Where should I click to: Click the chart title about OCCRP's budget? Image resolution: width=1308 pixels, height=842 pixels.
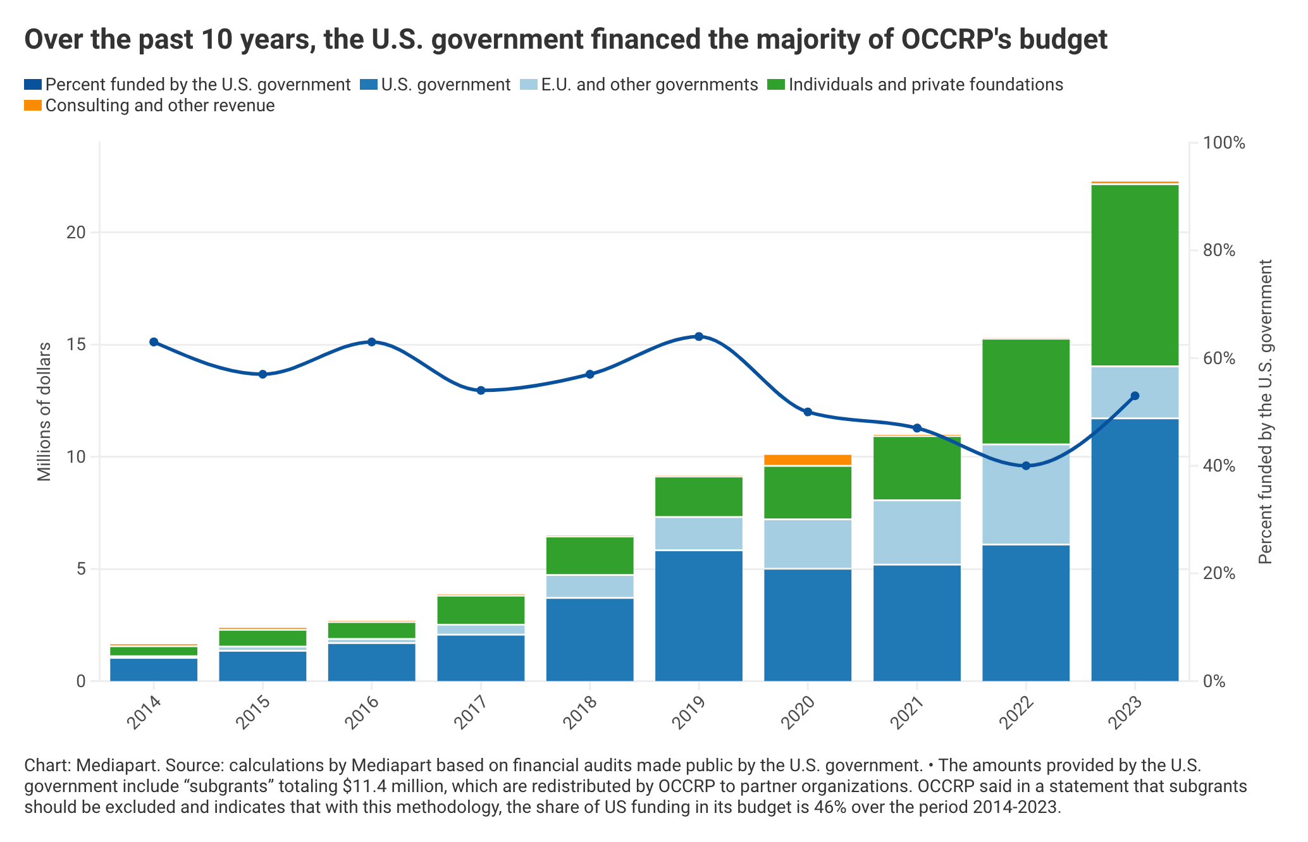click(565, 39)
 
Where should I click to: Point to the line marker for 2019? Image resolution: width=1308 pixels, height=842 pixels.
click(699, 336)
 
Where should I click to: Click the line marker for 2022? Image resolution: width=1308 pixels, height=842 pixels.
click(1026, 466)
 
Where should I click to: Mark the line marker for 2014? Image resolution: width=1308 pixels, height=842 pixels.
click(154, 342)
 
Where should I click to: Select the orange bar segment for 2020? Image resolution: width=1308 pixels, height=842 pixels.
click(808, 460)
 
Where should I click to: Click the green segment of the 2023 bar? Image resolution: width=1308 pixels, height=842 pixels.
click(1135, 275)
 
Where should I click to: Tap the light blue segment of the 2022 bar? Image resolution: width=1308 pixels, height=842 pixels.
click(1026, 494)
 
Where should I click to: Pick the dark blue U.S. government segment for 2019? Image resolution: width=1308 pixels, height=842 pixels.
click(699, 616)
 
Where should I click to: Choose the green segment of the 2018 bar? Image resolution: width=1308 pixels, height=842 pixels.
click(589, 556)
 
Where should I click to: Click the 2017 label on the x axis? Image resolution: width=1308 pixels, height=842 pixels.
click(471, 714)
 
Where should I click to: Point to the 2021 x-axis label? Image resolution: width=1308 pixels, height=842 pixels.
click(908, 714)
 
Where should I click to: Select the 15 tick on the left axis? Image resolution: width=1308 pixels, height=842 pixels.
click(76, 345)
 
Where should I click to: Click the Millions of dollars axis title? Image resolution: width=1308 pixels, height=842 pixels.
click(44, 412)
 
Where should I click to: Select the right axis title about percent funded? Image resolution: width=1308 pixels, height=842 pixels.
click(1264, 412)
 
